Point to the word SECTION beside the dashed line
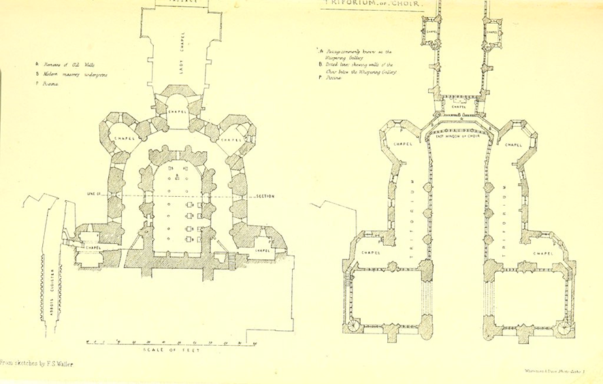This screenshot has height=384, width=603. tap(265, 197)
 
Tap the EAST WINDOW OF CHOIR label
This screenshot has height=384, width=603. tap(458, 137)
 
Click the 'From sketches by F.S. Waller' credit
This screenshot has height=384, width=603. tap(37, 364)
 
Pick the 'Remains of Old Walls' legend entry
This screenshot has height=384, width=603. tap(66, 65)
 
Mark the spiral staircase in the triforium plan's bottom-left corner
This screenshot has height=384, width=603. tap(353, 326)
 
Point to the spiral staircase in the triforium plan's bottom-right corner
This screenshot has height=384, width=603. tap(562, 327)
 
